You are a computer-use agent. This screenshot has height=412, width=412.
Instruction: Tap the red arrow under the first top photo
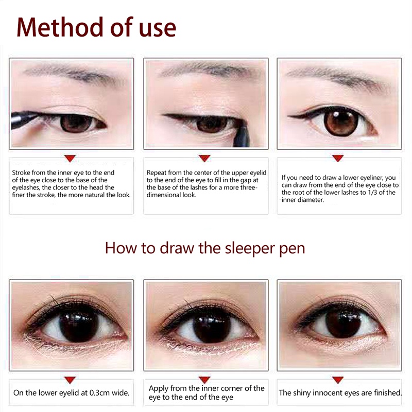click(x=70, y=159)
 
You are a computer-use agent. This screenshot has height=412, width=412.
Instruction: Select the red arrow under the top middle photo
click(x=204, y=158)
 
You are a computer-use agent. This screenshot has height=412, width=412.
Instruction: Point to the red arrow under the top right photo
click(x=338, y=158)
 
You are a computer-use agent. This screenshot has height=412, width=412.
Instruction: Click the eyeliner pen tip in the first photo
click(x=37, y=114)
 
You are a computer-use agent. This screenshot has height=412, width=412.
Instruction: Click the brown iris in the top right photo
click(x=341, y=122)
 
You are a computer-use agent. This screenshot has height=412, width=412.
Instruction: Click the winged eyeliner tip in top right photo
click(x=288, y=116)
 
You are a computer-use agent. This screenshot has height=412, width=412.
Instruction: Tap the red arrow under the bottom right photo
click(x=338, y=380)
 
